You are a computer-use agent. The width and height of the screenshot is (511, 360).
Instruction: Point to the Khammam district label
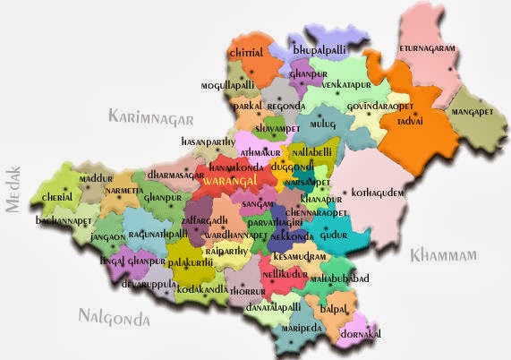point(445,256)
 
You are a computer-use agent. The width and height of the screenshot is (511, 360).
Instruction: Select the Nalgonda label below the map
point(115,315)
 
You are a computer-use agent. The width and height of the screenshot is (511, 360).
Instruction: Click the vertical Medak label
point(13,190)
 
